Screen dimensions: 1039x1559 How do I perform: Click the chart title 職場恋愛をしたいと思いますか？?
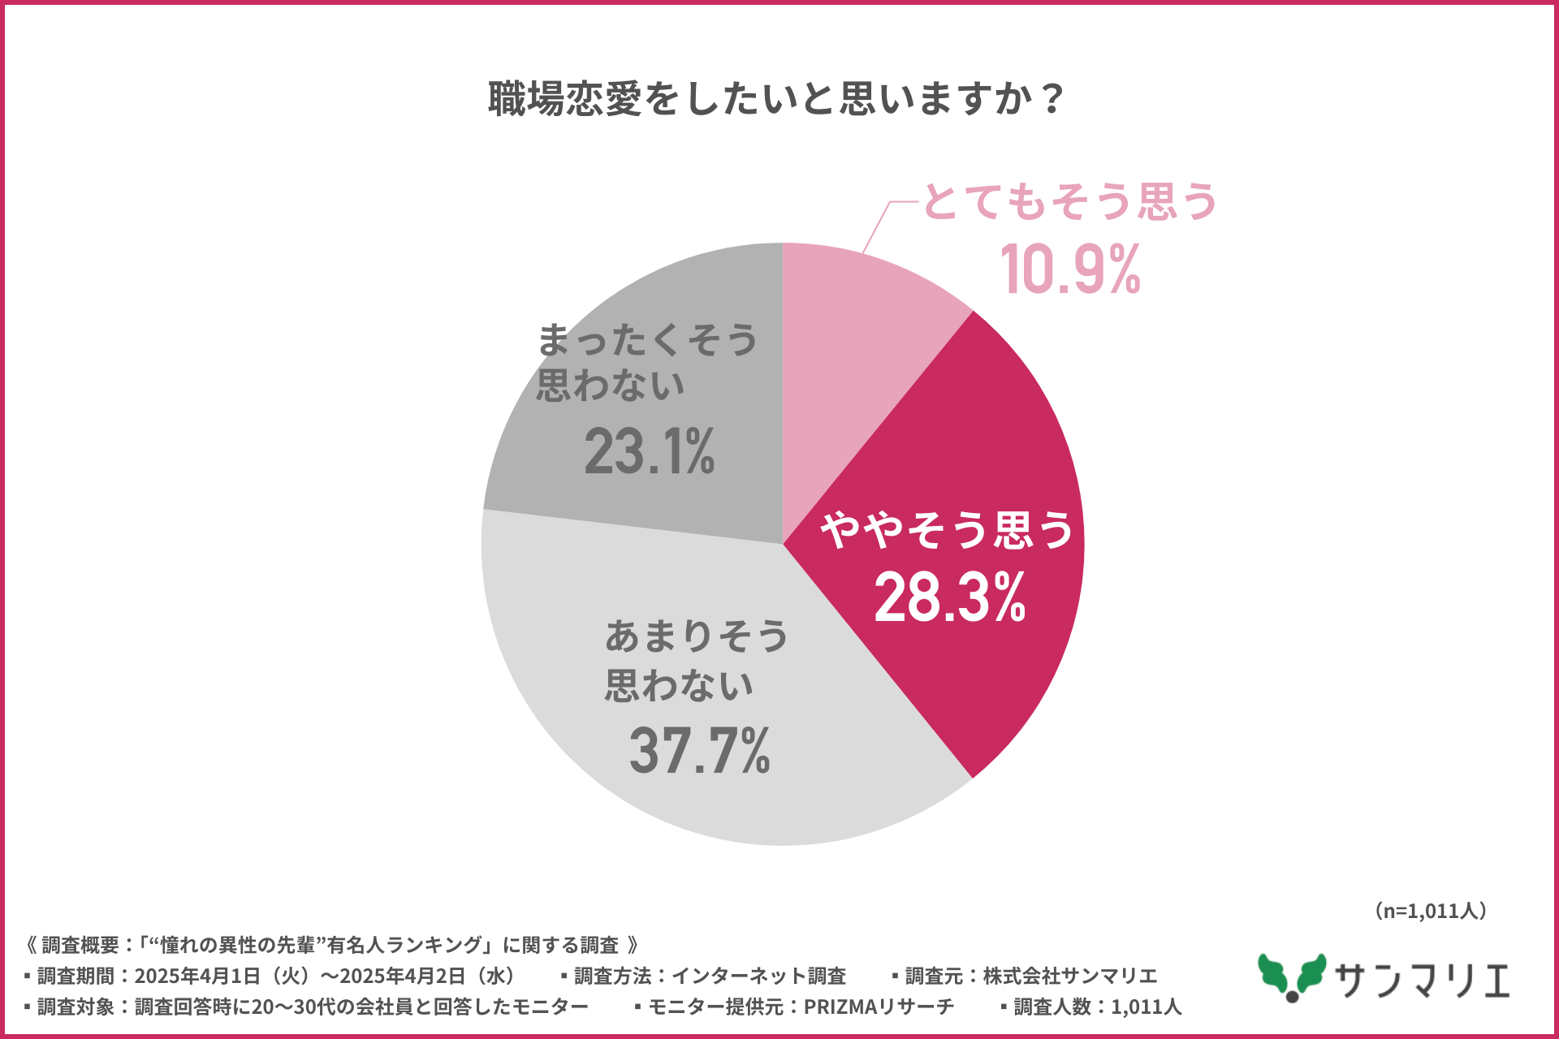pos(775,99)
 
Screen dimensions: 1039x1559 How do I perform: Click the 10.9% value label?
pos(1070,269)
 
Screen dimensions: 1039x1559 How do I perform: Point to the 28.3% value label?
pos(949,597)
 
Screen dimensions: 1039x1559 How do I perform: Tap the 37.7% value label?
pos(699,750)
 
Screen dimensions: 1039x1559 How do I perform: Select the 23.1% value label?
pos(649,451)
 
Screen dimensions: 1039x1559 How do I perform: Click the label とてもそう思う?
pos(1070,201)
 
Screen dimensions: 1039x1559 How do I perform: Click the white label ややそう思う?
pos(947,530)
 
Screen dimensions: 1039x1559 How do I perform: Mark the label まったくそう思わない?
pos(647,362)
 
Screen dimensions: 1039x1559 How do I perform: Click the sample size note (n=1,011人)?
pos(1431,911)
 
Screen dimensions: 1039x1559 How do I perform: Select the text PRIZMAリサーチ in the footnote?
pos(879,1007)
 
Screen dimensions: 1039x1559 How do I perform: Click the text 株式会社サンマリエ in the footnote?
pos(1069,976)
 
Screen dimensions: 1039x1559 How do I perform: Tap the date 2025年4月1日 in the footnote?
pos(197,976)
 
